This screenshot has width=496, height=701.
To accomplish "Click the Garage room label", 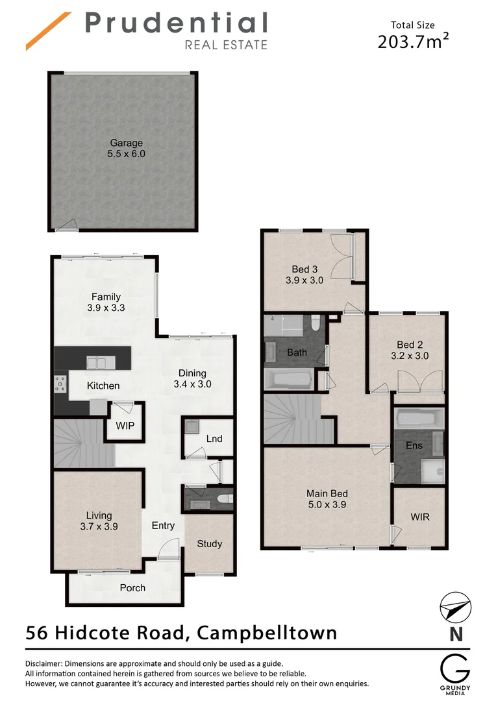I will [126, 143].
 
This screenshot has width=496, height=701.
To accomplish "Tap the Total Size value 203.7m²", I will [414, 42].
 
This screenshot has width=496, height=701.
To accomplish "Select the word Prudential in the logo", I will [176, 23].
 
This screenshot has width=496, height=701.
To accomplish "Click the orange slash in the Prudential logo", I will [48, 30].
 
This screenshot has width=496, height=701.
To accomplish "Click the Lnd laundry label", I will [214, 439].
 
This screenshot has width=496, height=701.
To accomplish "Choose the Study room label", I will [209, 544].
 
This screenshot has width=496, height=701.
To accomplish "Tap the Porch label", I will [132, 588].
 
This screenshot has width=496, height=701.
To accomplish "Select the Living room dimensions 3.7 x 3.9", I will [97, 527].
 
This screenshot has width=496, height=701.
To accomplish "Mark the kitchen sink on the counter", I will [97, 363].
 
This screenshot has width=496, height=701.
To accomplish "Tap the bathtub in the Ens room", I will [419, 419].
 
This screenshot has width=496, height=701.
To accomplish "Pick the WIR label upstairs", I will [419, 517].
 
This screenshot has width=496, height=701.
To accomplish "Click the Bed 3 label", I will [304, 269].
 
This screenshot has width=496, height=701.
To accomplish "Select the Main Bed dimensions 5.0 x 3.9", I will [327, 504].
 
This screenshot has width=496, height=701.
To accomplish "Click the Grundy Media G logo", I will [453, 669].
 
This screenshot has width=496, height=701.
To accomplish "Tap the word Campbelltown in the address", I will [267, 632].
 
